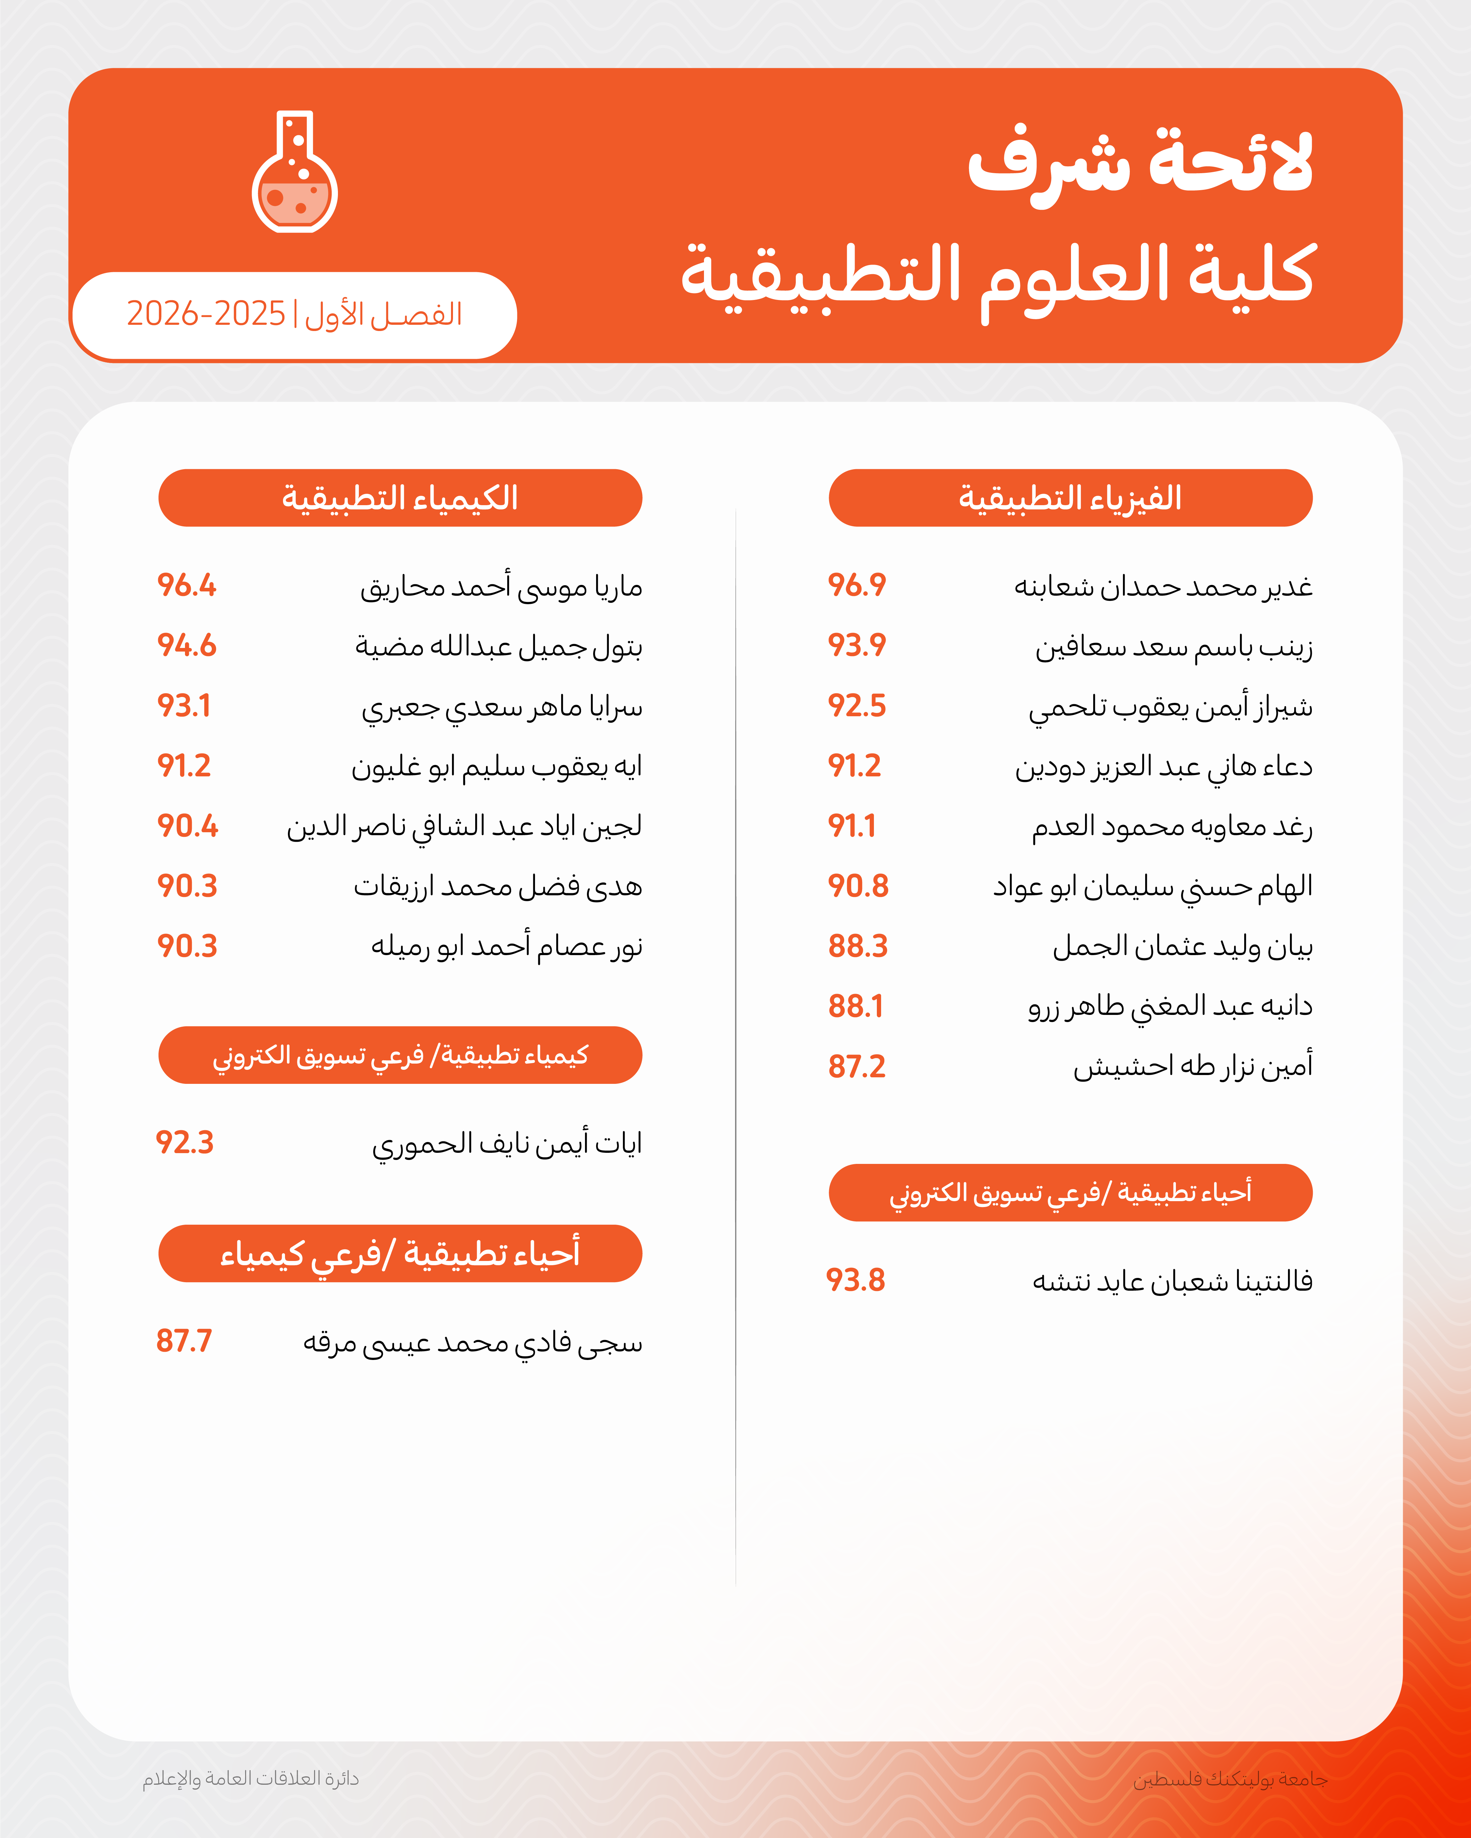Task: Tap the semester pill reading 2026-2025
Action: tap(294, 315)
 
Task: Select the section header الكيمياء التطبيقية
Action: tap(400, 498)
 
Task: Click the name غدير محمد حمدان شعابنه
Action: tap(1162, 587)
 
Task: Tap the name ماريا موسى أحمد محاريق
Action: tap(501, 587)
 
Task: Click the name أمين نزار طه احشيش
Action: tap(1192, 1067)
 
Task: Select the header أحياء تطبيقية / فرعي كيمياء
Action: tap(400, 1253)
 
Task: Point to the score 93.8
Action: tap(855, 1281)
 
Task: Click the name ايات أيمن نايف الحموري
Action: tap(507, 1143)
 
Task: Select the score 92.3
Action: tap(184, 1142)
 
